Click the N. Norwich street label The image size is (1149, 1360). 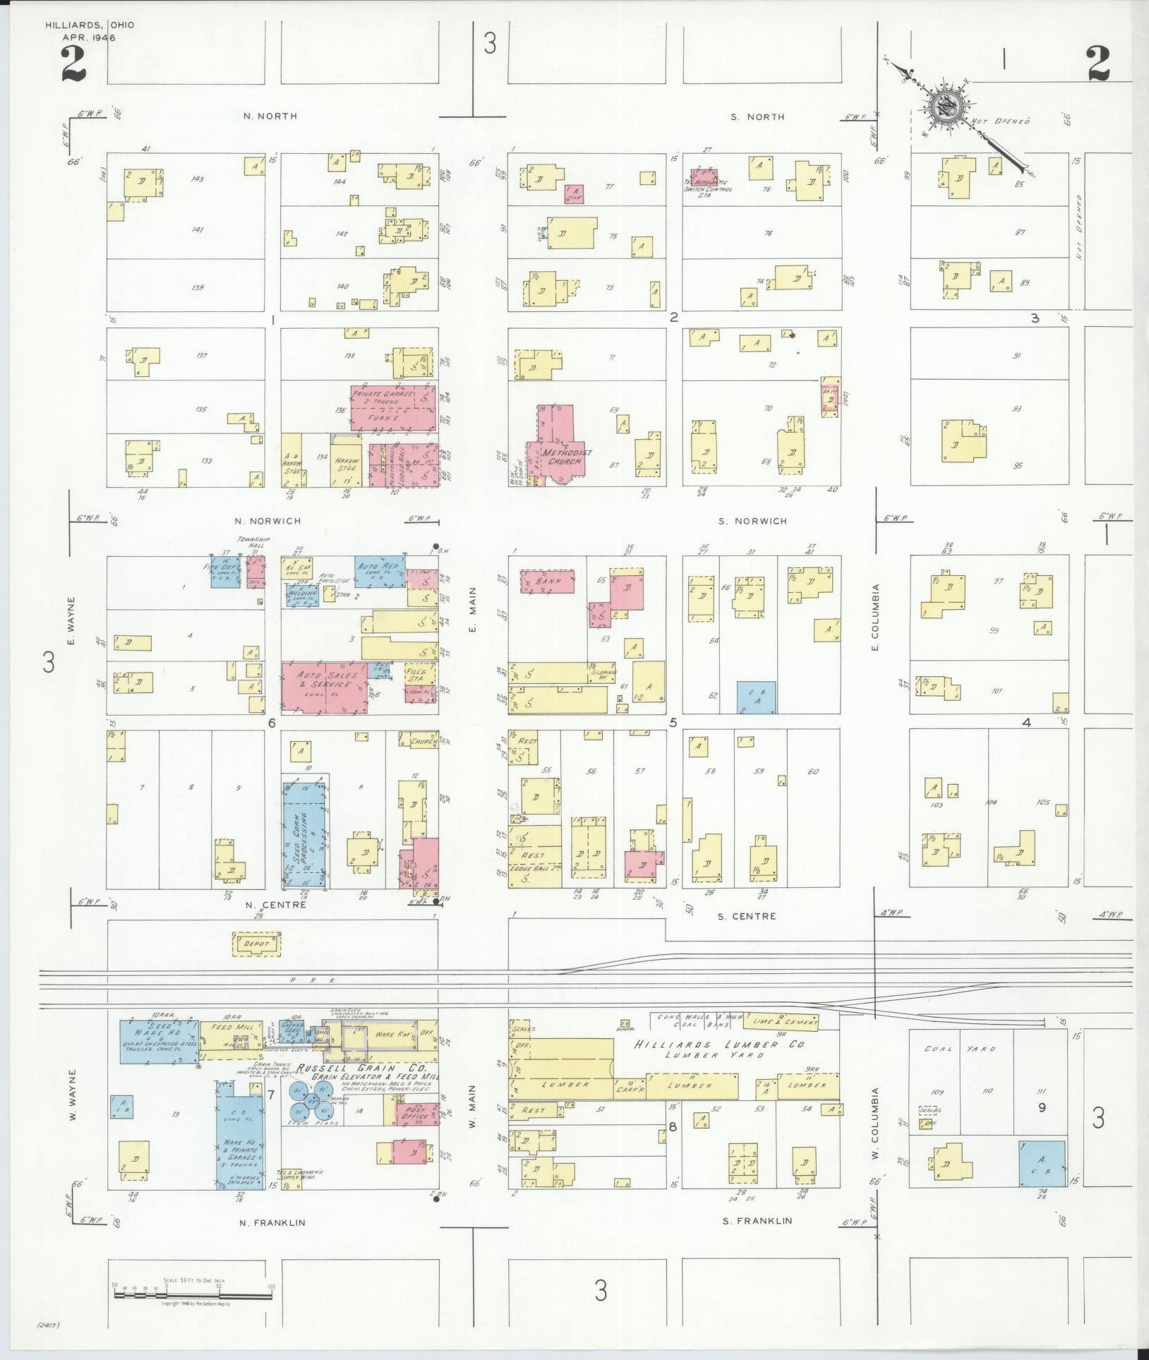[267, 522]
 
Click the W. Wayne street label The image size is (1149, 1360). [73, 1093]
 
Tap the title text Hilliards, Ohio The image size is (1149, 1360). [90, 25]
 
